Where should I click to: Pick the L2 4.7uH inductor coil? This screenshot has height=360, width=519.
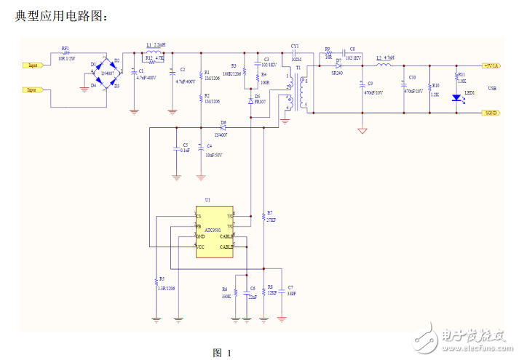[384, 65]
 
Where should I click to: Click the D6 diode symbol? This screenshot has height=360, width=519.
[223, 128]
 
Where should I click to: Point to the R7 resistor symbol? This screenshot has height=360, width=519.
[263, 216]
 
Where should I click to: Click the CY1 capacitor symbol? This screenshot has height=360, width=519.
[294, 52]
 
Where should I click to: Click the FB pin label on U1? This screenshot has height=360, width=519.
[198, 226]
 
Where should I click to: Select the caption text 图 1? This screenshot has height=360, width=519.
[221, 353]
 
